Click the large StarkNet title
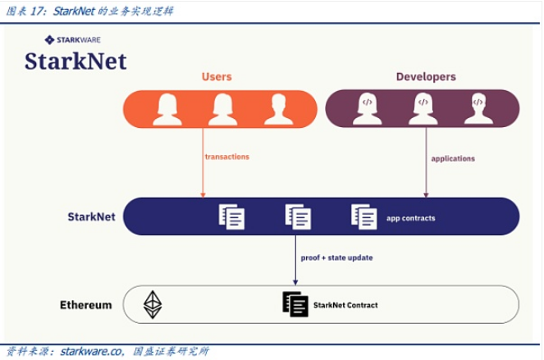[x=75, y=62]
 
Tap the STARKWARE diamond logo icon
[x=49, y=40]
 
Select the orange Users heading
[x=217, y=76]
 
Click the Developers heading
[x=426, y=76]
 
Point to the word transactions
[x=227, y=157]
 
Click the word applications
[x=453, y=159]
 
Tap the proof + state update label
[x=336, y=257]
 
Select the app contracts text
[x=411, y=218]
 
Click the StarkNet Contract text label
[x=345, y=305]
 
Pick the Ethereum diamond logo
[x=153, y=304]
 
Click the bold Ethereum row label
[x=86, y=305]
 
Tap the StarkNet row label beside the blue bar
[x=91, y=216]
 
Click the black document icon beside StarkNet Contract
[x=295, y=304]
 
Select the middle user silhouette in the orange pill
[x=222, y=109]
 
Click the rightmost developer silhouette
[x=478, y=108]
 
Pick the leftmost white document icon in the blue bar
[x=231, y=216]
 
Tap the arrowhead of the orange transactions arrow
[x=203, y=195]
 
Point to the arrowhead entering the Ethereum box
[x=295, y=282]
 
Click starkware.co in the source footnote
[x=92, y=351]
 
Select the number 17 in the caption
[x=37, y=11]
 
